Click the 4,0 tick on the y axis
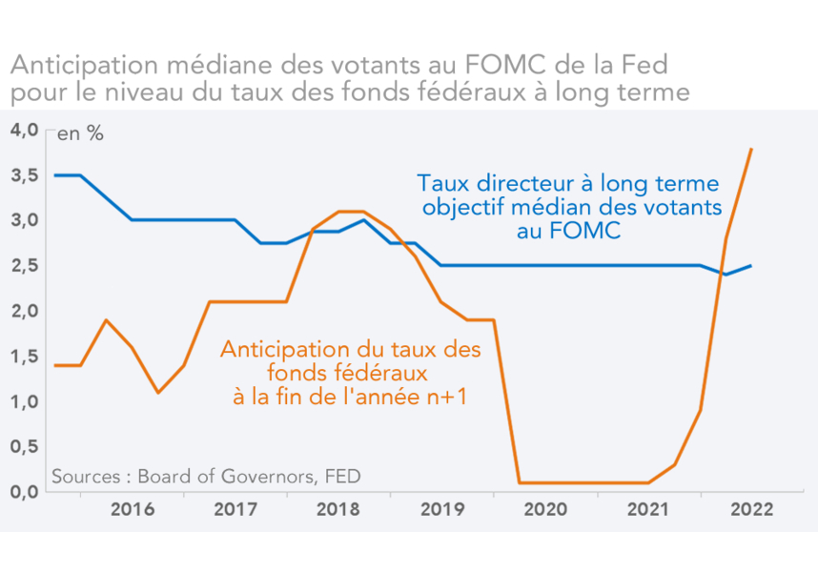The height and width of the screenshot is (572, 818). coord(23,130)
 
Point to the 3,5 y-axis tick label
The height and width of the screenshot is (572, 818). coord(23,175)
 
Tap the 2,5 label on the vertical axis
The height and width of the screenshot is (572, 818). coord(23,266)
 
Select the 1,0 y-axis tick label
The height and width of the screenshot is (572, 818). coord(23,401)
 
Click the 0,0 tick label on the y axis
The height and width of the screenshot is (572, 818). coord(23,491)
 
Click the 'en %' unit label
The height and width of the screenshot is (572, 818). coord(80,134)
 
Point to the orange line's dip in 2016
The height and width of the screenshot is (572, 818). coord(158,392)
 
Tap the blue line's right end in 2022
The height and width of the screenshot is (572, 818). coord(751,266)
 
